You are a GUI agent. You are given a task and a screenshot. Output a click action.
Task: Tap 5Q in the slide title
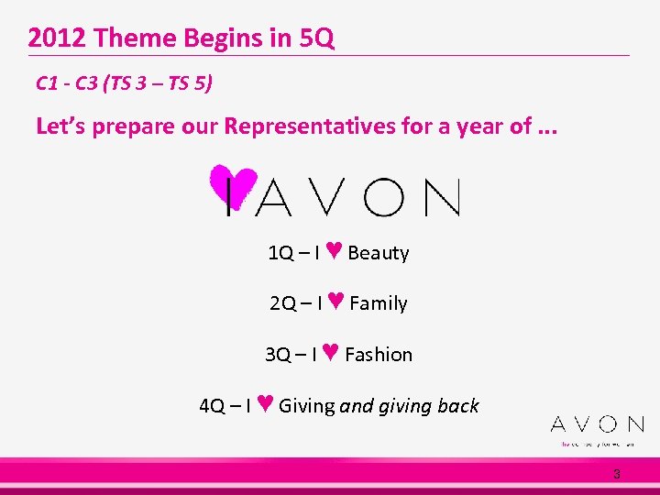click(x=314, y=38)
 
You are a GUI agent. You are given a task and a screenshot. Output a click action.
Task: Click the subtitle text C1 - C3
click(x=68, y=84)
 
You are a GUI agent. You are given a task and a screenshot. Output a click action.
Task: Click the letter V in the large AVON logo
click(x=324, y=197)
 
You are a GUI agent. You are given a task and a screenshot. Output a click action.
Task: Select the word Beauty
click(x=379, y=253)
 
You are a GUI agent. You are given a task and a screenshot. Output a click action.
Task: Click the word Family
click(x=378, y=303)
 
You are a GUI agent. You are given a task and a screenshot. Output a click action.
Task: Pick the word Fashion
click(x=379, y=355)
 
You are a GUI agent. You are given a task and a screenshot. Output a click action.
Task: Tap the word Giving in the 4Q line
click(x=307, y=406)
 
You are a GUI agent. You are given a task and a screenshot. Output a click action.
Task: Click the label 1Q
click(x=280, y=253)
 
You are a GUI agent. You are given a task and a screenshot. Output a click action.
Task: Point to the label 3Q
click(x=278, y=355)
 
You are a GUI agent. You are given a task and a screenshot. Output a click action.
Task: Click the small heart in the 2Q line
click(x=335, y=302)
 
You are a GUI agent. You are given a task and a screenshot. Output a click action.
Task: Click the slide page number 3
click(x=617, y=474)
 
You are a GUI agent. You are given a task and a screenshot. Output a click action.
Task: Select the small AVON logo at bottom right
click(x=597, y=424)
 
